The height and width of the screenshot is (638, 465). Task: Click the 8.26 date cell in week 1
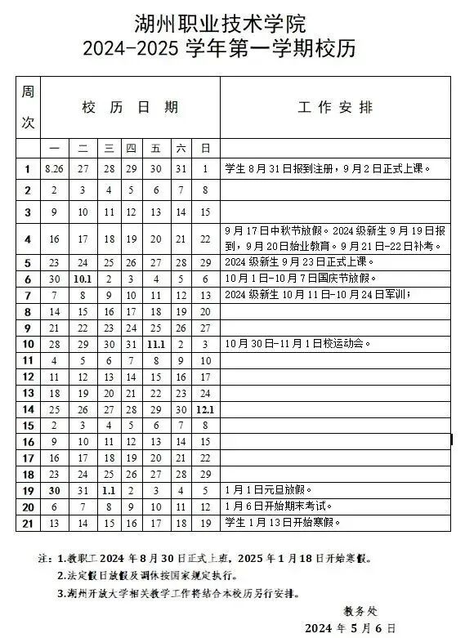coord(55,169)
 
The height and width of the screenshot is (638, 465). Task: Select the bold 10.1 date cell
coord(83,279)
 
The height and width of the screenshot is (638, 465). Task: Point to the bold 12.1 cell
coord(205,408)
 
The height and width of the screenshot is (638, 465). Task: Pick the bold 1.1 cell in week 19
coord(108,490)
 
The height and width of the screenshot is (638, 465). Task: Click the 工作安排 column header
coord(334,107)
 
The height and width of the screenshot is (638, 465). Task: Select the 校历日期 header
coord(130,107)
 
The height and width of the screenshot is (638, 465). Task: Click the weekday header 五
coord(155,148)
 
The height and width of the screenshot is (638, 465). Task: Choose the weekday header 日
coord(205,148)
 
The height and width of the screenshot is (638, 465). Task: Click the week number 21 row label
coord(28,522)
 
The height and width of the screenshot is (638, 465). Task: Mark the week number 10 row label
coord(28,344)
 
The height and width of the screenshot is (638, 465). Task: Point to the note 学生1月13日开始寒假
coord(283,522)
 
